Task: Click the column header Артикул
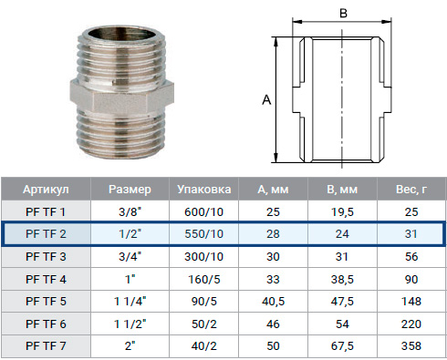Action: click(x=46, y=190)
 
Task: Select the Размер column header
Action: click(x=130, y=190)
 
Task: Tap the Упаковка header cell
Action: click(x=204, y=190)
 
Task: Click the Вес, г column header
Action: click(x=411, y=190)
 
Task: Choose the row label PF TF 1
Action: click(x=46, y=211)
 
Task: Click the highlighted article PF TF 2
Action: click(x=46, y=234)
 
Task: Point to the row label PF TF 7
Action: click(x=46, y=346)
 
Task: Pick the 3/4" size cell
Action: click(x=130, y=256)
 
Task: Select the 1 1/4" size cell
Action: click(x=130, y=302)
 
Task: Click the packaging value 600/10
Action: click(x=204, y=211)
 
